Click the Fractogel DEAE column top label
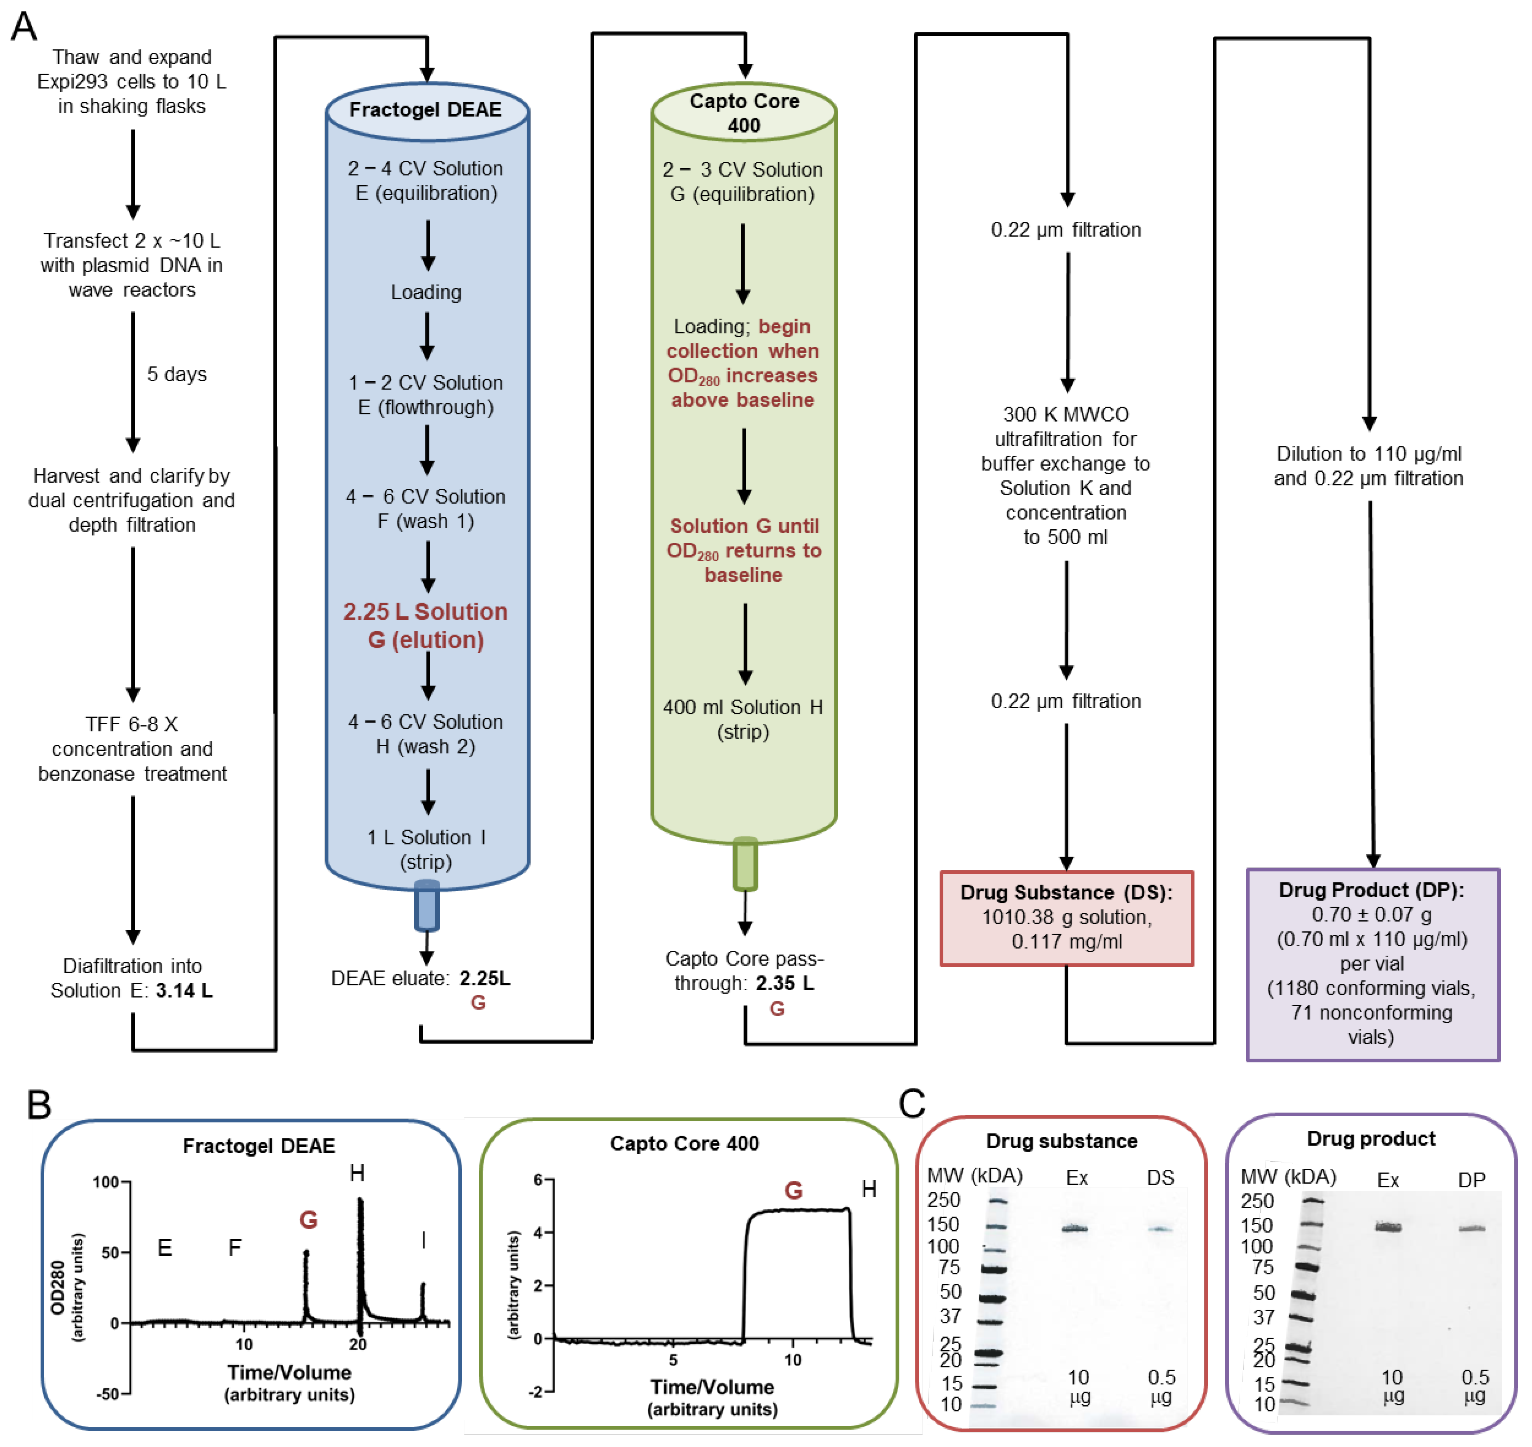coord(426,109)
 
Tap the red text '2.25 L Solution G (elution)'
coord(426,626)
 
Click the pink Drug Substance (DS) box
coord(1067,918)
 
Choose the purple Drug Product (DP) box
coord(1373,964)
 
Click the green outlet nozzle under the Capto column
coord(745,864)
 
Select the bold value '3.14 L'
coord(184,990)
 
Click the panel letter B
coord(39,1104)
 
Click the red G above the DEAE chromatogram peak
coord(308,1219)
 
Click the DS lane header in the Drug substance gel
coord(1160,1178)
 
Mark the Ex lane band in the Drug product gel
coord(1388,1227)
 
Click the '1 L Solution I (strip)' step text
coord(426,849)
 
